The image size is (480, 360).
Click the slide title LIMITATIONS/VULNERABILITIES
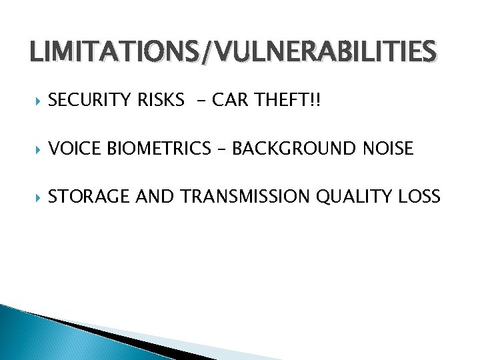click(233, 51)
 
